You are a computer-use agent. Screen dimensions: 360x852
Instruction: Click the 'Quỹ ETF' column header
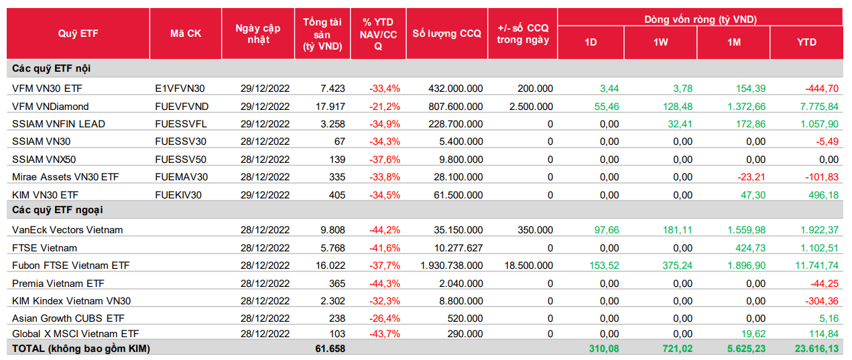tap(78, 34)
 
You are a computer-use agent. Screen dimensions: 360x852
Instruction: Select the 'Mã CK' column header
tap(185, 34)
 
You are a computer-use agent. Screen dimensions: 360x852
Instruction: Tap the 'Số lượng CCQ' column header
tap(446, 34)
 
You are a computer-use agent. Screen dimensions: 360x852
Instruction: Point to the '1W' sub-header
tap(661, 42)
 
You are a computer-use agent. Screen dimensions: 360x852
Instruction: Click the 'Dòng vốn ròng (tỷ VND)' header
tap(701, 19)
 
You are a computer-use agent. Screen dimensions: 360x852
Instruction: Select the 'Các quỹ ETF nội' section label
tap(51, 68)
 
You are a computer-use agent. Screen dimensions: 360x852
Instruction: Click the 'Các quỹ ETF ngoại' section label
tap(58, 211)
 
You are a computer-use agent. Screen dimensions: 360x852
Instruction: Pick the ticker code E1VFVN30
tap(180, 88)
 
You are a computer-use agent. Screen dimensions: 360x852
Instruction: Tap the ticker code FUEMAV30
tap(181, 177)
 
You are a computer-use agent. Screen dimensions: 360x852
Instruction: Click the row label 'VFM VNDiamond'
tap(50, 106)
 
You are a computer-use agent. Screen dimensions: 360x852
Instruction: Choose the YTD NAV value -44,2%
tap(385, 230)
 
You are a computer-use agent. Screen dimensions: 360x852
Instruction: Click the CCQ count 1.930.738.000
tap(451, 265)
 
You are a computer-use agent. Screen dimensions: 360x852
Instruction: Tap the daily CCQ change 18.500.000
tap(528, 265)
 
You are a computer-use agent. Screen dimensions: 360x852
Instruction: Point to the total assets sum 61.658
tap(330, 349)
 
